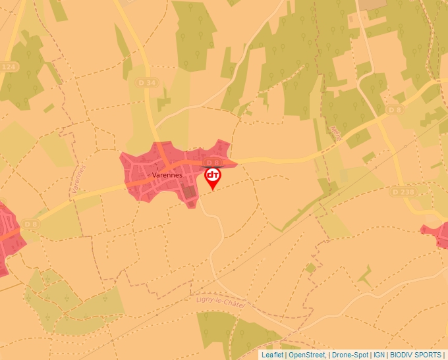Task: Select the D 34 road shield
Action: [x=149, y=82]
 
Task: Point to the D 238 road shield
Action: [x=403, y=192]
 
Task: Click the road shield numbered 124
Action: [x=8, y=66]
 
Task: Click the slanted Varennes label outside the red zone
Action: [x=77, y=178]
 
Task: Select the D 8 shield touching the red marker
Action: [x=211, y=163]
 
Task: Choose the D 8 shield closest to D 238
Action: [x=395, y=109]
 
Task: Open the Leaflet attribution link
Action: [x=272, y=355]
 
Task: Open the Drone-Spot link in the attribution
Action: [x=350, y=355]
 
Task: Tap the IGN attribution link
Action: [x=379, y=355]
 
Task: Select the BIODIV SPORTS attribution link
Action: [x=416, y=355]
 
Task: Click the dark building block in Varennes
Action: [x=190, y=193]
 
